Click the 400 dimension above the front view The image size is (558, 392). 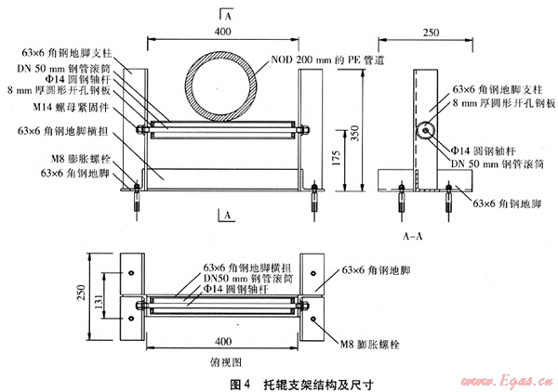point(222,33)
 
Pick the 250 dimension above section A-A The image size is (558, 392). point(431,33)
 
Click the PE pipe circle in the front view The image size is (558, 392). point(222,86)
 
